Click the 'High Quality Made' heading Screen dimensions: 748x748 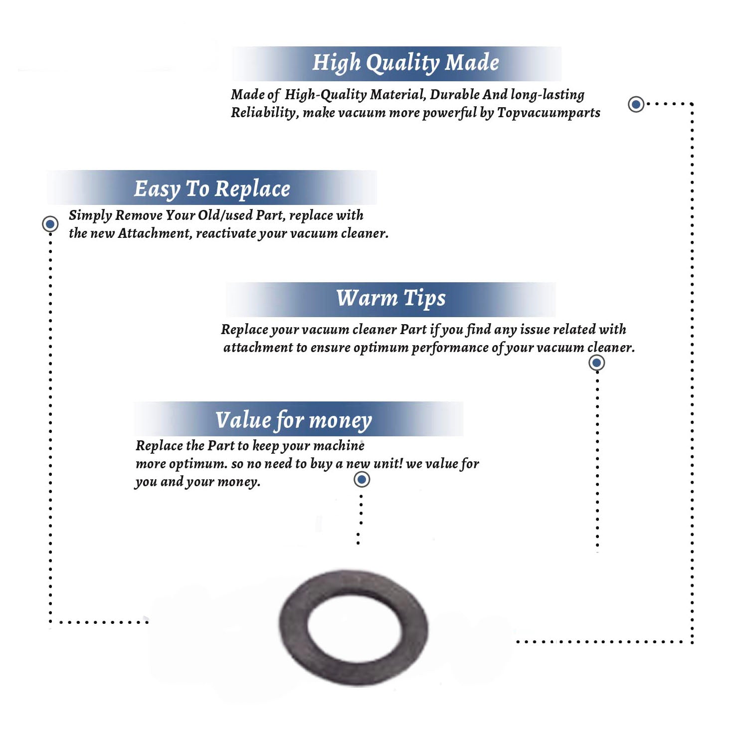coord(405,63)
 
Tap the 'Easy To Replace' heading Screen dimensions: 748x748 coord(212,189)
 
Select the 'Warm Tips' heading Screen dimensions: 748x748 coord(391,299)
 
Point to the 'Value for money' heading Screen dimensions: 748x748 coord(294,420)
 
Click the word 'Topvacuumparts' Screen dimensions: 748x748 coord(549,113)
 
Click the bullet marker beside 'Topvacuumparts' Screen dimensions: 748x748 coord(636,104)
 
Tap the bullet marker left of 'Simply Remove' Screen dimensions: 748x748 coord(50,224)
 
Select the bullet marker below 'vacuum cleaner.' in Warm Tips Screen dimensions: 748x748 coord(596,363)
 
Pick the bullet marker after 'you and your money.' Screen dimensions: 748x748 coord(362,480)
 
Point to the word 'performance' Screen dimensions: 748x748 coord(450,348)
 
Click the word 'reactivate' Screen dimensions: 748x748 coord(225,233)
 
